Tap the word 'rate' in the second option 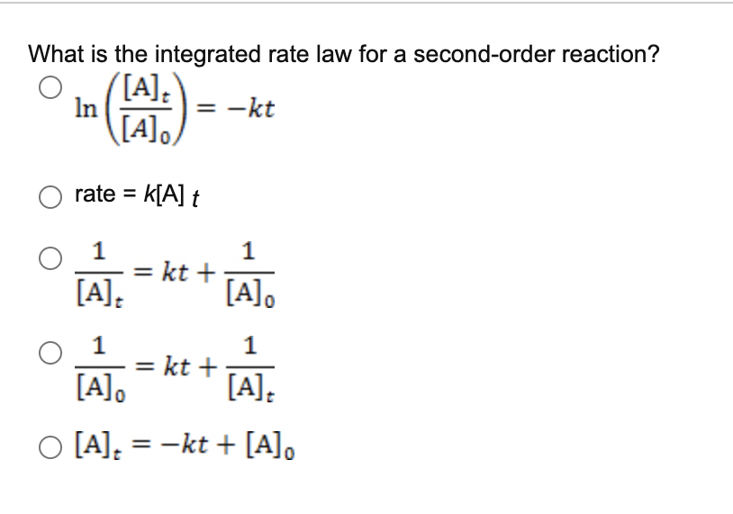(x=95, y=194)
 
